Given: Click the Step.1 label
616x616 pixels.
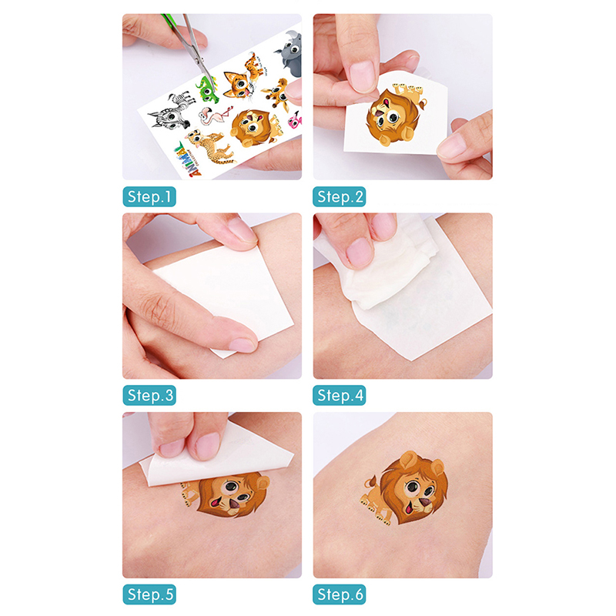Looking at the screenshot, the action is point(149,196).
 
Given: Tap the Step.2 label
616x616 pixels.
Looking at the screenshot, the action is point(340,196).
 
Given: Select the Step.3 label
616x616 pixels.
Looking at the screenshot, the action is point(149,395).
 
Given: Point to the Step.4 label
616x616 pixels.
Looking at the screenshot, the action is point(340,395).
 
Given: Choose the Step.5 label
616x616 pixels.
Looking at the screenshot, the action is point(149,594).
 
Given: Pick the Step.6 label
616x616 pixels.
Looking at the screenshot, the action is point(340,594).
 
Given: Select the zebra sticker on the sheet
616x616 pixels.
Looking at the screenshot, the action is point(172,111).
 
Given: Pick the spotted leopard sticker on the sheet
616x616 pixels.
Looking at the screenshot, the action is point(209,147).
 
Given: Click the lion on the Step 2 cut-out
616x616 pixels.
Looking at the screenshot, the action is point(394,114).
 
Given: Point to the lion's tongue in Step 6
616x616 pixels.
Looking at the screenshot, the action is point(409,508).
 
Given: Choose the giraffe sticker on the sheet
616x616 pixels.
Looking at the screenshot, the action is point(277,94).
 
